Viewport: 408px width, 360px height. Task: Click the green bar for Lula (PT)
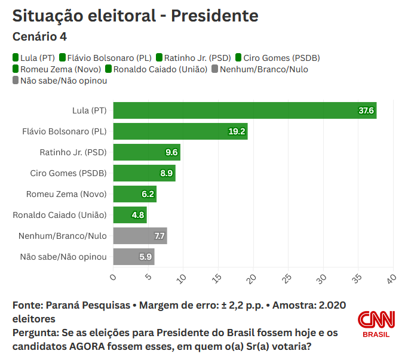(239, 110)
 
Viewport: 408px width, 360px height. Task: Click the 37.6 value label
(366, 110)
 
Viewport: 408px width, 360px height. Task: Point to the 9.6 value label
(171, 152)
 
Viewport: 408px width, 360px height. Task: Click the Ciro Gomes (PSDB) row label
(68, 173)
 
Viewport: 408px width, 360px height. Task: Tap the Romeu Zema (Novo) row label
(66, 194)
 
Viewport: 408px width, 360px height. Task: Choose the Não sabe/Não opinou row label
(63, 257)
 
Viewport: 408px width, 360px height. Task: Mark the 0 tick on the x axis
(113, 276)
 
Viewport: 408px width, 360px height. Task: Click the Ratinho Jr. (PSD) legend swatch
(159, 58)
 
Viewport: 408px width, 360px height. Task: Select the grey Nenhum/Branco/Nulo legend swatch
(215, 69)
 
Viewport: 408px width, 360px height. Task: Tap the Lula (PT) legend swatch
(16, 58)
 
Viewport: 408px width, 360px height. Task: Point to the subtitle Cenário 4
(39, 36)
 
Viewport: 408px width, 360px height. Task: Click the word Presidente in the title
(214, 16)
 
